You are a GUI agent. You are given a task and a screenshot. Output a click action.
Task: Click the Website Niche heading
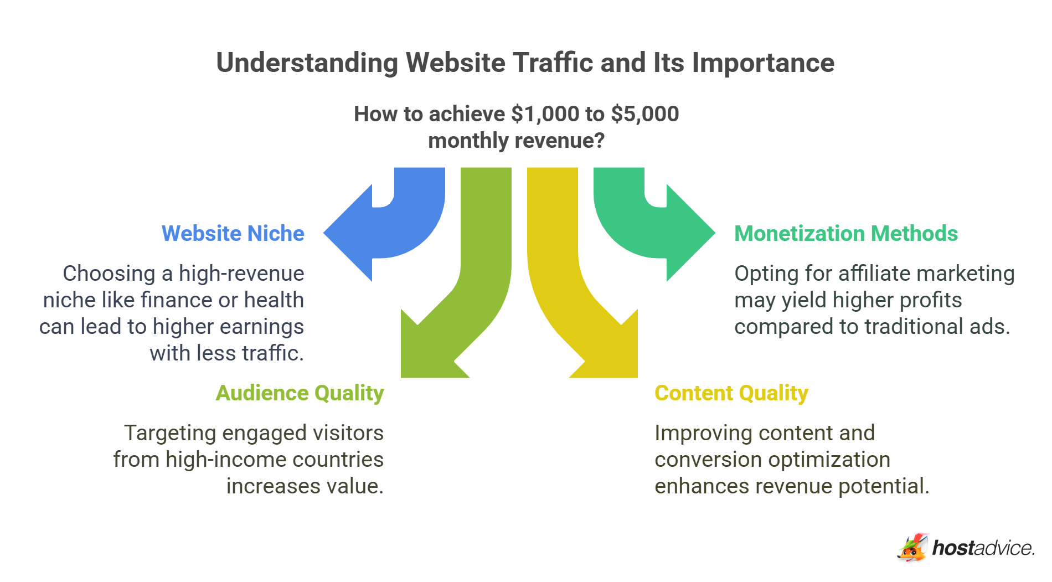[x=233, y=234]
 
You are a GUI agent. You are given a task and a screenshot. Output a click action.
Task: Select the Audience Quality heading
[x=300, y=393]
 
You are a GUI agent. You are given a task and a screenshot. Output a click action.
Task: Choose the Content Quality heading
[x=731, y=393]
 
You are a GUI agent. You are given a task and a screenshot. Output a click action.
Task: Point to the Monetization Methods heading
[x=845, y=234]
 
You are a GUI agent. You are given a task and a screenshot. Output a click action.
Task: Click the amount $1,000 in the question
[x=545, y=114]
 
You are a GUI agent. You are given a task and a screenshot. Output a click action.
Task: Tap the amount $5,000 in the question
[x=644, y=114]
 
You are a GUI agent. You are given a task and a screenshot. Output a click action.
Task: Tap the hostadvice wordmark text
[x=983, y=548]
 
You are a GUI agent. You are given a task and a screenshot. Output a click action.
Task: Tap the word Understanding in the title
[x=307, y=63]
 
